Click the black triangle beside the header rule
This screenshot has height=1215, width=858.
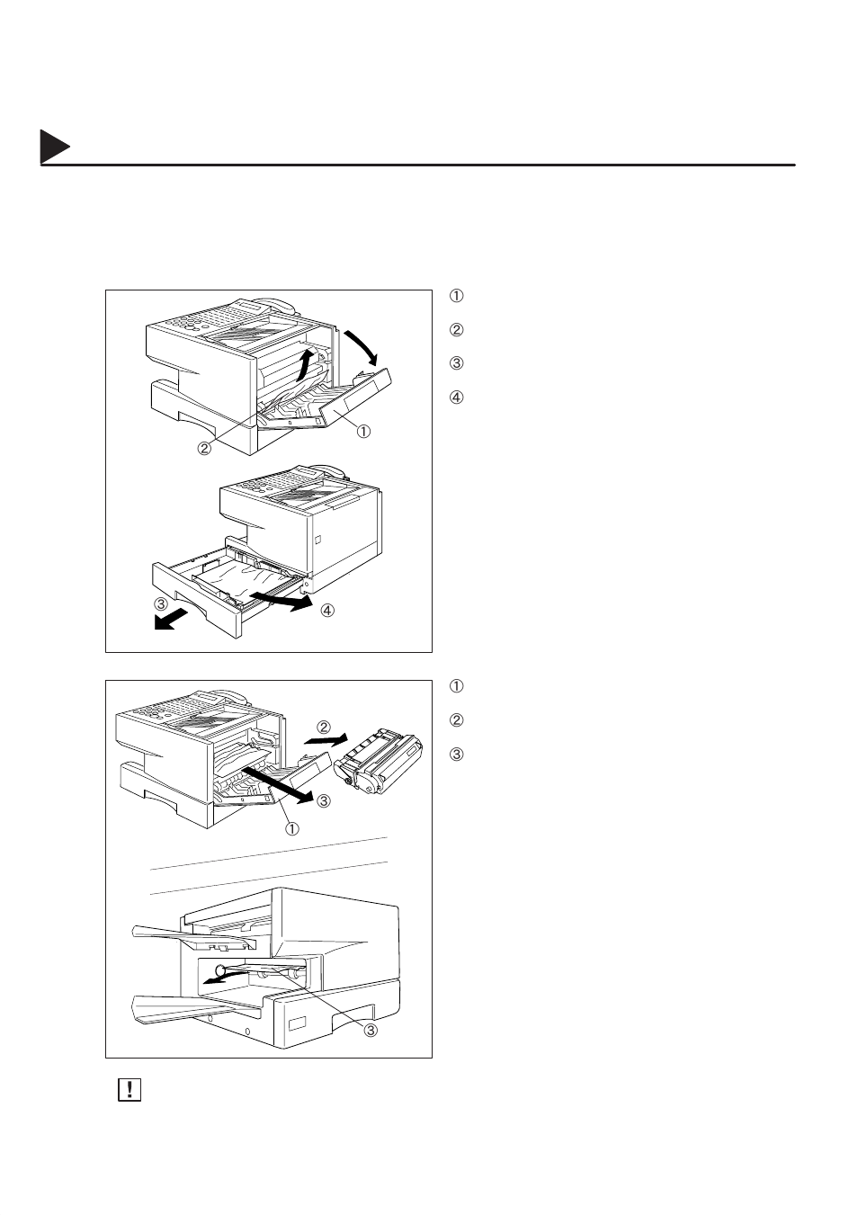54,148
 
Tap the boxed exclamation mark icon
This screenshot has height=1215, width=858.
130,1090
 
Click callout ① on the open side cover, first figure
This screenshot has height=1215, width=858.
364,431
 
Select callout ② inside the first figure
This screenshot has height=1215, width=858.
205,447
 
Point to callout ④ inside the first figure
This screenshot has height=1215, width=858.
327,611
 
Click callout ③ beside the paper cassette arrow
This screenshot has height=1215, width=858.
160,603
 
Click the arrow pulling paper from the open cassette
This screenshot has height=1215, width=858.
283,602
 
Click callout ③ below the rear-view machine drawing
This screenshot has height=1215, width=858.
370,1031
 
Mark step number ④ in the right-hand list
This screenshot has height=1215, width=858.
456,397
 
